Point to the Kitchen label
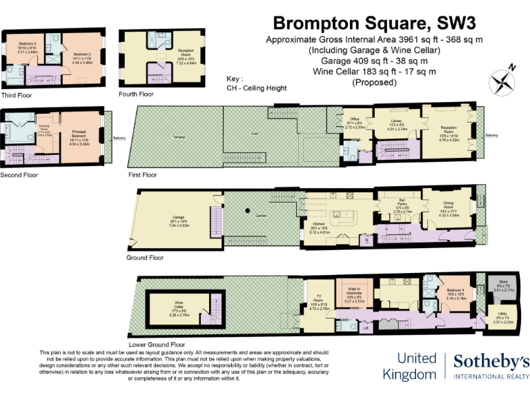[320, 224]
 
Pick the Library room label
[393, 123]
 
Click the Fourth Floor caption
[137, 93]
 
